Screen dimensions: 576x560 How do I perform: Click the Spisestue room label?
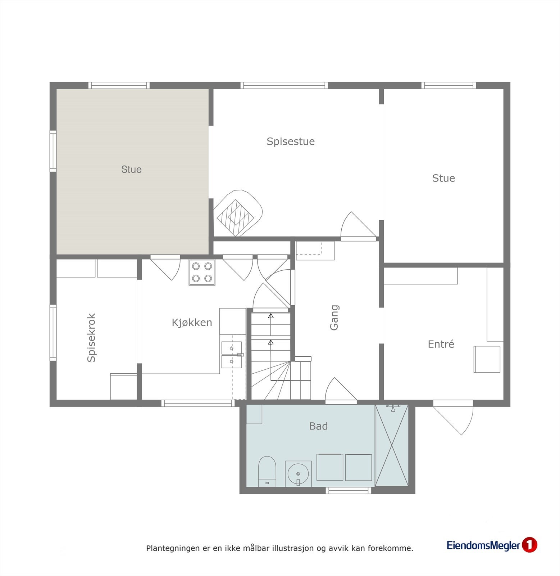pyautogui.click(x=291, y=141)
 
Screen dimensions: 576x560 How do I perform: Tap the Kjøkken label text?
pyautogui.click(x=192, y=323)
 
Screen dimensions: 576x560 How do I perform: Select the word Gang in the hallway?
pyautogui.click(x=334, y=318)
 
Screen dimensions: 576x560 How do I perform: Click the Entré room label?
pyautogui.click(x=441, y=344)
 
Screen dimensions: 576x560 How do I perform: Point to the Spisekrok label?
pyautogui.click(x=91, y=338)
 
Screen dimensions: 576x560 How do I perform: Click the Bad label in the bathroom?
pyautogui.click(x=318, y=426)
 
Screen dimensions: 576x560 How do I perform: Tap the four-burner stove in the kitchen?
pyautogui.click(x=202, y=273)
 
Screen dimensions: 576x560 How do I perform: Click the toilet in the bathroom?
pyautogui.click(x=267, y=471)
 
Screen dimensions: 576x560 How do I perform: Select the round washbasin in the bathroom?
pyautogui.click(x=298, y=473)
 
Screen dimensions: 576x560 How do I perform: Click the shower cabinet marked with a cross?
pyautogui.click(x=392, y=445)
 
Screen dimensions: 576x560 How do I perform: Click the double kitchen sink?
pyautogui.click(x=231, y=355)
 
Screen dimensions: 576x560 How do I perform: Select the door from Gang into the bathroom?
pyautogui.click(x=340, y=391)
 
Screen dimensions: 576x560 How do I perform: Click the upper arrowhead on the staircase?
pyautogui.click(x=271, y=316)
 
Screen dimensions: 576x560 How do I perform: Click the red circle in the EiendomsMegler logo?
pyautogui.click(x=529, y=545)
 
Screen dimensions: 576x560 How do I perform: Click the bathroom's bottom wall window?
pyautogui.click(x=348, y=490)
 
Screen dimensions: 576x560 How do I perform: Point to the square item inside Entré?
pyautogui.click(x=487, y=359)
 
